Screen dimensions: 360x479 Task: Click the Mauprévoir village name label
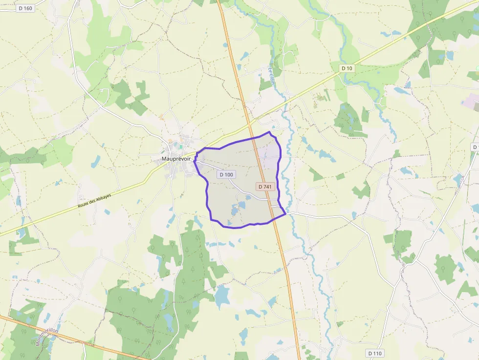[x=176, y=159]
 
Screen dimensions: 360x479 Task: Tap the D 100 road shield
[x=226, y=174]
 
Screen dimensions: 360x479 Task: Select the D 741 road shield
[x=264, y=187]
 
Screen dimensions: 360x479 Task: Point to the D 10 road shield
[x=347, y=68]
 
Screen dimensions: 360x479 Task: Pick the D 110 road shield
[x=375, y=353]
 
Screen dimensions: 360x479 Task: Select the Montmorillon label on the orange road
[x=47, y=337]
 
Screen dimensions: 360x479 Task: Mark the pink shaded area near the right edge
[x=471, y=102]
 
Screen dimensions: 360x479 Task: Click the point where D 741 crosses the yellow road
[x=251, y=128]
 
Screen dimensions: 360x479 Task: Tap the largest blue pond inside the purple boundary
[x=235, y=210]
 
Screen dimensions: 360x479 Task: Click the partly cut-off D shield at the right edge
[x=475, y=147]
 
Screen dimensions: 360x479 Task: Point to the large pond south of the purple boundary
[x=222, y=295]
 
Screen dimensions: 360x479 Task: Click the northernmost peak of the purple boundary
[x=269, y=132]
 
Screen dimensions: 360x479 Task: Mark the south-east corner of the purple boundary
[x=285, y=213]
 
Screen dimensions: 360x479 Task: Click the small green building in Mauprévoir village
[x=180, y=146]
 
